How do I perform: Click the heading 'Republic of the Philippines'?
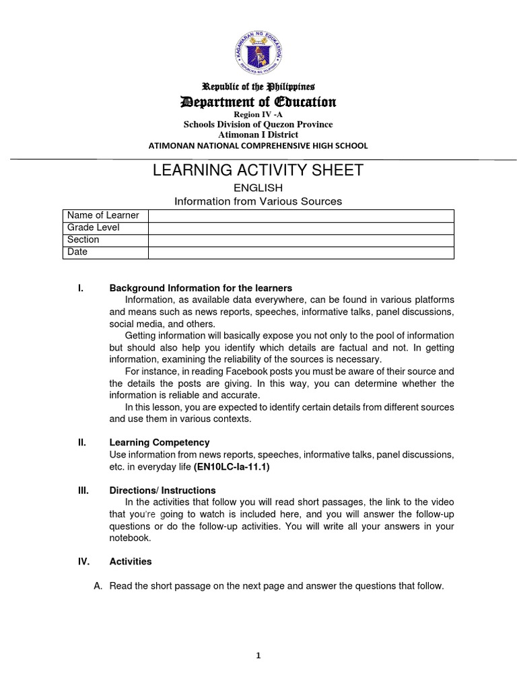tap(259, 87)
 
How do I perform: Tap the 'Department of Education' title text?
tap(258, 102)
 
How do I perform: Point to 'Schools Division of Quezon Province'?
tap(258, 124)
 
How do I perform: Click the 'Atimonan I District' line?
tap(258, 135)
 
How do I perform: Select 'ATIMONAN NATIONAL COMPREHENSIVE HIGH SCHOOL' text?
tap(258, 146)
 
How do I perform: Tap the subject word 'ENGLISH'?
tap(258, 188)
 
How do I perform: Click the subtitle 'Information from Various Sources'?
tap(258, 201)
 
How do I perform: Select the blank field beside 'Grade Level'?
tap(301, 227)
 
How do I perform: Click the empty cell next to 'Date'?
tap(301, 252)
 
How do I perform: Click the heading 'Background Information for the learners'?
tap(201, 288)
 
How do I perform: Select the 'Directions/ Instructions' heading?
tap(162, 491)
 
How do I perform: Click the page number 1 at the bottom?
tap(258, 657)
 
